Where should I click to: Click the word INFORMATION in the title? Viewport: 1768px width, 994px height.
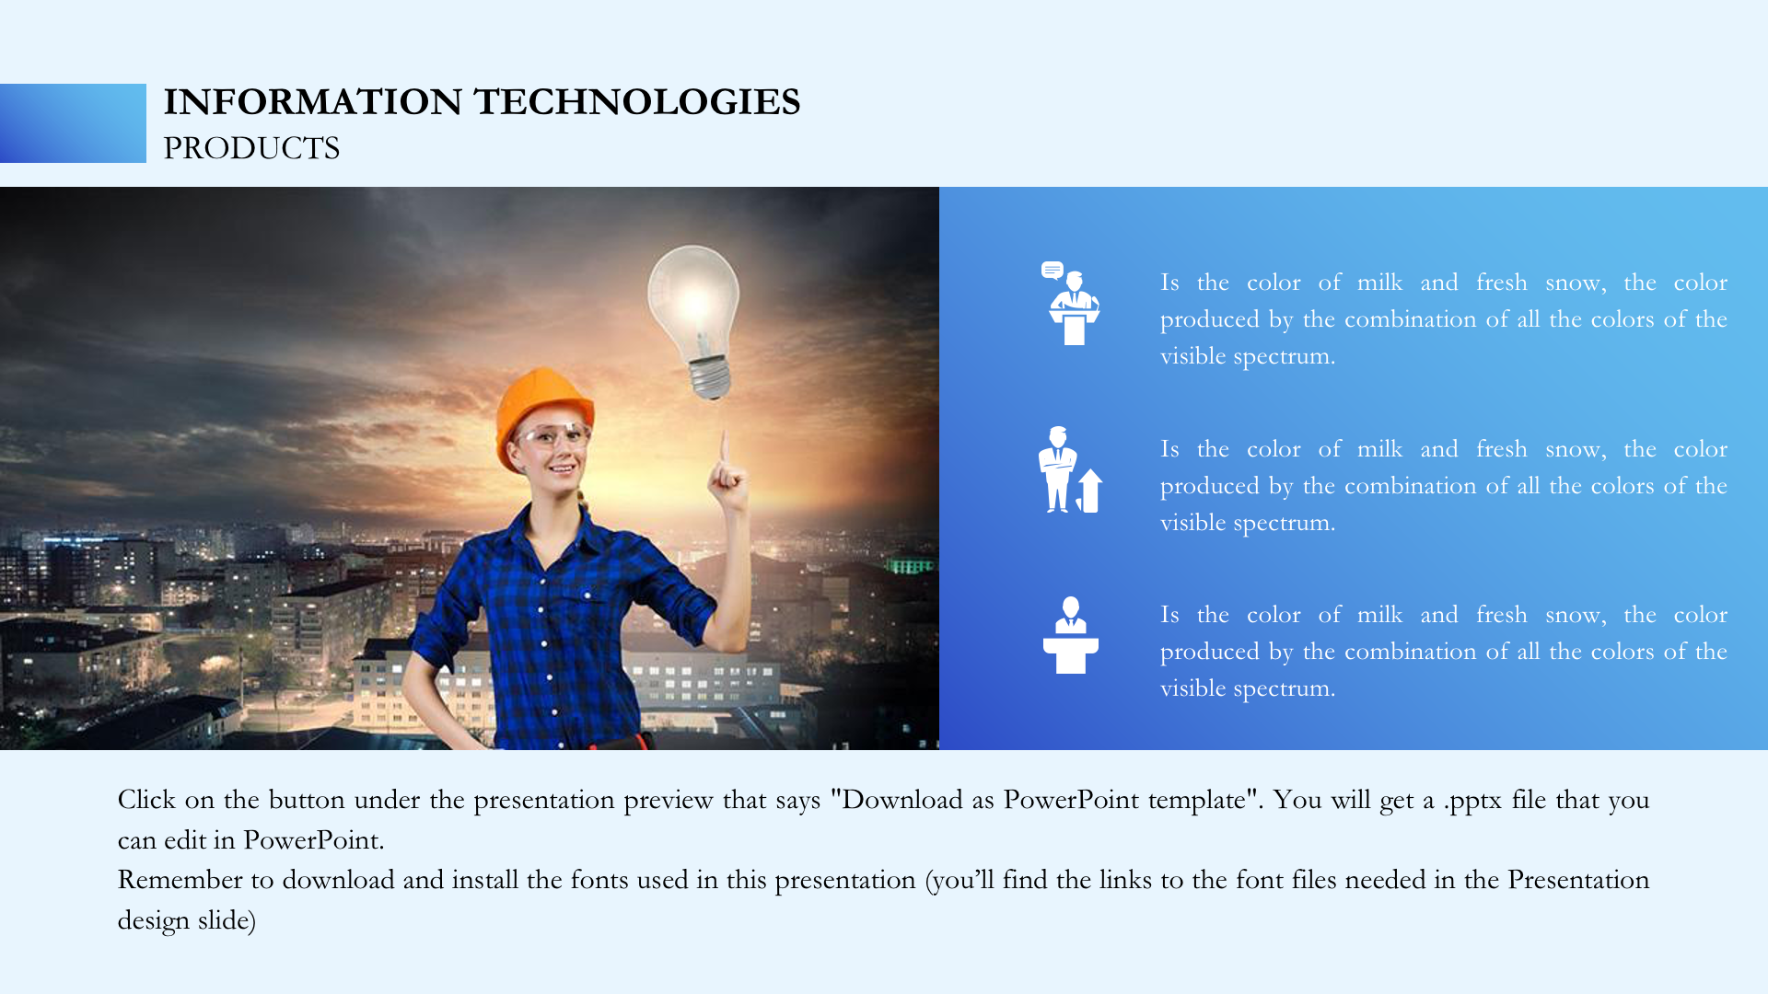tap(313, 102)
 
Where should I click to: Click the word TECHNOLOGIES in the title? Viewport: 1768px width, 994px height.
tap(637, 102)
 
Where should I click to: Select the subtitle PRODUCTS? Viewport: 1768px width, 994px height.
tap(251, 148)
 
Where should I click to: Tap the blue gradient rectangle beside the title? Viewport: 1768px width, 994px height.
tap(73, 123)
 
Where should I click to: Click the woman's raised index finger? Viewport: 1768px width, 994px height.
tap(726, 449)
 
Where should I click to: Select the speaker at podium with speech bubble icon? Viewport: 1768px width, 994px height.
tap(1071, 304)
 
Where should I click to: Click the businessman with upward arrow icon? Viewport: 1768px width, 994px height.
tap(1070, 469)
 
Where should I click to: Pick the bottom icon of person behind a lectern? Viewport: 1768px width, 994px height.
tap(1070, 635)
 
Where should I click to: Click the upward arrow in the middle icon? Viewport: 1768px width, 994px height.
tap(1090, 491)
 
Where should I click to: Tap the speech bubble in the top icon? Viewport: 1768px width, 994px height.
tap(1053, 270)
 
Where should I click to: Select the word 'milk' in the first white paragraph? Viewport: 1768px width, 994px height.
tap(1379, 283)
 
